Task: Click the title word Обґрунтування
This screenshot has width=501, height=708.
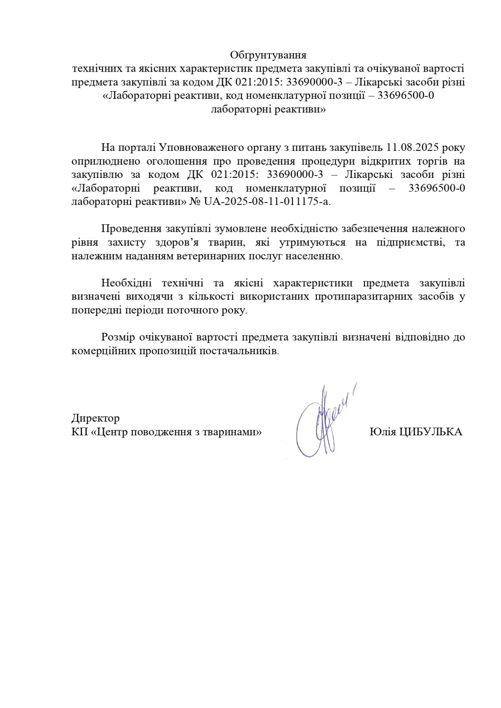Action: tap(268, 55)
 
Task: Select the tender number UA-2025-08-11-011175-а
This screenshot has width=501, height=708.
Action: tap(267, 202)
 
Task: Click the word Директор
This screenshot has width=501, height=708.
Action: tap(95, 418)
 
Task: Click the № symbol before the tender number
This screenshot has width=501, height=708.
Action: tap(195, 202)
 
